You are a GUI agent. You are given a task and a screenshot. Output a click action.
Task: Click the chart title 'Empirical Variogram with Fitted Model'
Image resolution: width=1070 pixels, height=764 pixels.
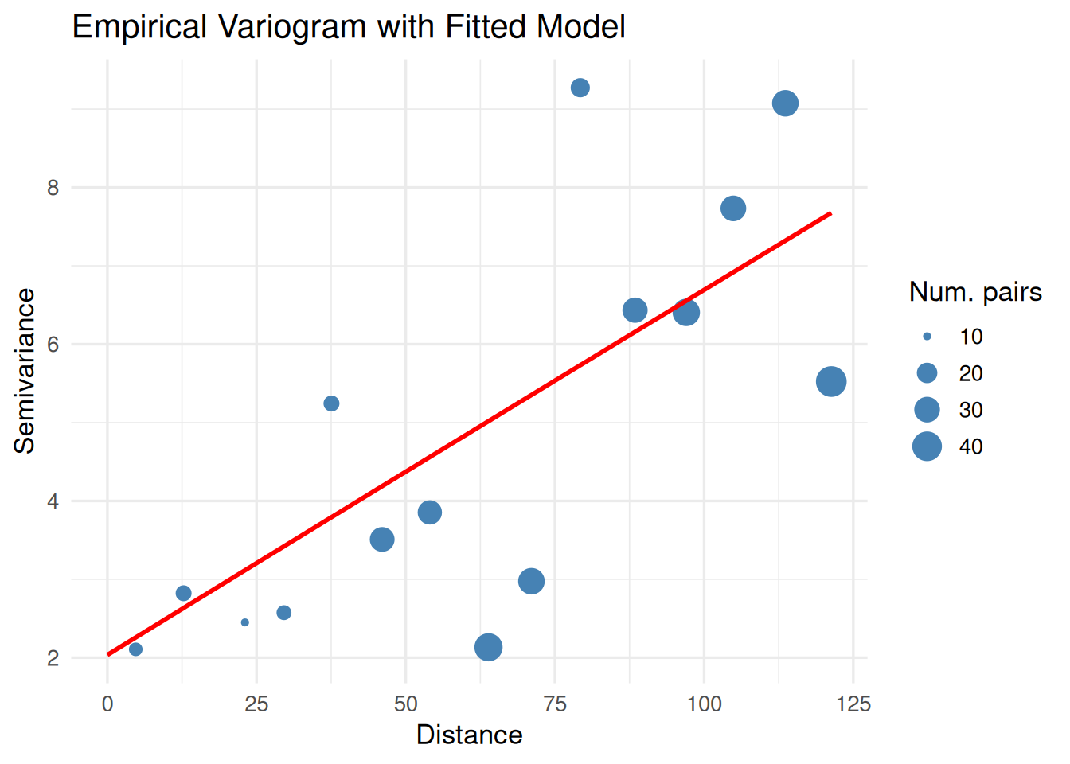(349, 27)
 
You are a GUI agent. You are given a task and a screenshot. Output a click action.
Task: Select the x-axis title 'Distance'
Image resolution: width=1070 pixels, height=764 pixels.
(469, 735)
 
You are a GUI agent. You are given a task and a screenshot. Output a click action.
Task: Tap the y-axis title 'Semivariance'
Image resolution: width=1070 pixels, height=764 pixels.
(25, 371)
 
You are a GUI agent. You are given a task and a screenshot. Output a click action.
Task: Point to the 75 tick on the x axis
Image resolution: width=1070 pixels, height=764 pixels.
(555, 704)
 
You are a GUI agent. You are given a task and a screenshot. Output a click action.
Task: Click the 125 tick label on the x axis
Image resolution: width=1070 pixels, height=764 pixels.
(853, 704)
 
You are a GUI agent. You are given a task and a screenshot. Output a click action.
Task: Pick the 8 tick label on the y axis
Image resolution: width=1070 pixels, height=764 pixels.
(53, 188)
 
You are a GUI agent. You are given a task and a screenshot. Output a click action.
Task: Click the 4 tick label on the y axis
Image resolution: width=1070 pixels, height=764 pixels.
(53, 501)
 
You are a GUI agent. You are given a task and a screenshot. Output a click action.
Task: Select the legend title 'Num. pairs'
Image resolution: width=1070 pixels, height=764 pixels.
(975, 292)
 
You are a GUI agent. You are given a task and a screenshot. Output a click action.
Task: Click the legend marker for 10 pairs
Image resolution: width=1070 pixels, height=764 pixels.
(927, 337)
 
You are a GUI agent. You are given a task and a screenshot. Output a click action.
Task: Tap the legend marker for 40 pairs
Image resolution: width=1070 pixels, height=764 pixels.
(927, 446)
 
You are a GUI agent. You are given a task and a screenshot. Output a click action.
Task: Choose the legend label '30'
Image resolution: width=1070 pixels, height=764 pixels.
(970, 410)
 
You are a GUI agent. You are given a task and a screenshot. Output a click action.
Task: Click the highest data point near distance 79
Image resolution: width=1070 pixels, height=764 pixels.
(580, 88)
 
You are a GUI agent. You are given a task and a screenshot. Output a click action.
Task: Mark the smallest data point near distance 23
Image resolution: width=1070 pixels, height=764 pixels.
(245, 622)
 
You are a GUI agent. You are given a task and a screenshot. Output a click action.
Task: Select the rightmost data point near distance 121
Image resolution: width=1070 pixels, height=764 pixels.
(831, 382)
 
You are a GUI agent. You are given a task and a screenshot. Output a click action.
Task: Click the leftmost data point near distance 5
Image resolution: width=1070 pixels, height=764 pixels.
(135, 649)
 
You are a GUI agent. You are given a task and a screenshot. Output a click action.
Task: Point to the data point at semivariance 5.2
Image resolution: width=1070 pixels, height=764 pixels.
(331, 403)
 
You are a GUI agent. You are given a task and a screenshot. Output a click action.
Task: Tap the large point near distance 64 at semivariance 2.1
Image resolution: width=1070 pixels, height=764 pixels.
(488, 647)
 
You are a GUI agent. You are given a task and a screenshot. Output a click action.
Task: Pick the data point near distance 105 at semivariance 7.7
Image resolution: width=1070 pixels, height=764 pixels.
(733, 209)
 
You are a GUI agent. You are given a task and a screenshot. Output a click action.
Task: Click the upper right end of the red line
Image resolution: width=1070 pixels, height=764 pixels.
(830, 213)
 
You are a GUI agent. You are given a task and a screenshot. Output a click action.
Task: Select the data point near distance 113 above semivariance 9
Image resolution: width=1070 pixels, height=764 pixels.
(785, 103)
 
